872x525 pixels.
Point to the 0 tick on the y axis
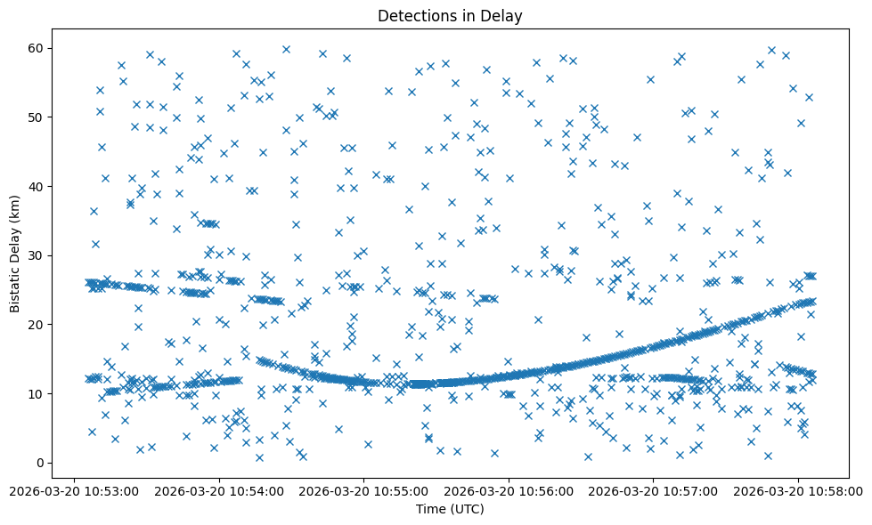[x=40, y=463]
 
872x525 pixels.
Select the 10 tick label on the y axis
[x=37, y=393]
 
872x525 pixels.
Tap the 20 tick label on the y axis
[x=37, y=325]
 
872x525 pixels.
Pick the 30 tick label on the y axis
[x=37, y=255]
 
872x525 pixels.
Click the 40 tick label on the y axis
[x=37, y=186]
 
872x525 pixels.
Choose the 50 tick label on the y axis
[x=37, y=117]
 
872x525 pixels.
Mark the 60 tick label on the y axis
[x=37, y=48]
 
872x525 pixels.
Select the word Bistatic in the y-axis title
[x=15, y=288]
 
